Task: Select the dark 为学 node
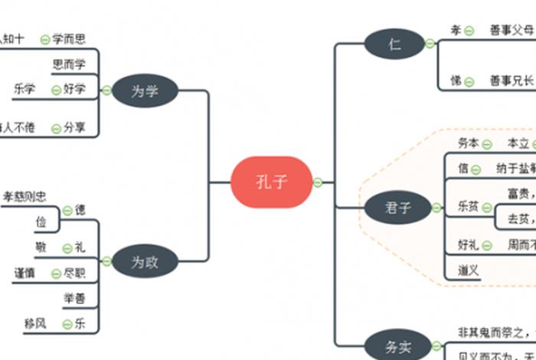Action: pos(145,91)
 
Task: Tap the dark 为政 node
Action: pos(145,261)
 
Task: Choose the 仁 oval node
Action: pos(394,44)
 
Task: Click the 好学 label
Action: pos(74,90)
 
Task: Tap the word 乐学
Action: pos(24,90)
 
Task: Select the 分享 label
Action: pos(74,128)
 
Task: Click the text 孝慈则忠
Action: pos(25,197)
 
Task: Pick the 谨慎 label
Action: pos(24,273)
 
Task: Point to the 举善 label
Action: pos(74,297)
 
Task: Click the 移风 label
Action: pos(35,323)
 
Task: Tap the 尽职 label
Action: pos(74,273)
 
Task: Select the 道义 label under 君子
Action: pos(469,270)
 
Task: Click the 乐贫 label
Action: pos(469,207)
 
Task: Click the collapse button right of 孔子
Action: pos(318,182)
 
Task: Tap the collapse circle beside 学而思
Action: pos(44,39)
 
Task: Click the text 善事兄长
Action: pos(511,80)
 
